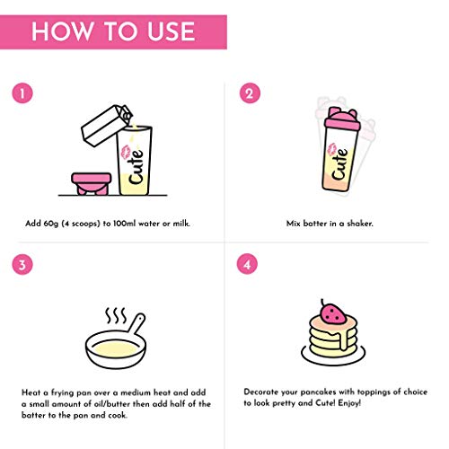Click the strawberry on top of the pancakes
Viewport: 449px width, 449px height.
[x=334, y=315]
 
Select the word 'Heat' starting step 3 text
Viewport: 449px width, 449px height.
[x=31, y=392]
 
